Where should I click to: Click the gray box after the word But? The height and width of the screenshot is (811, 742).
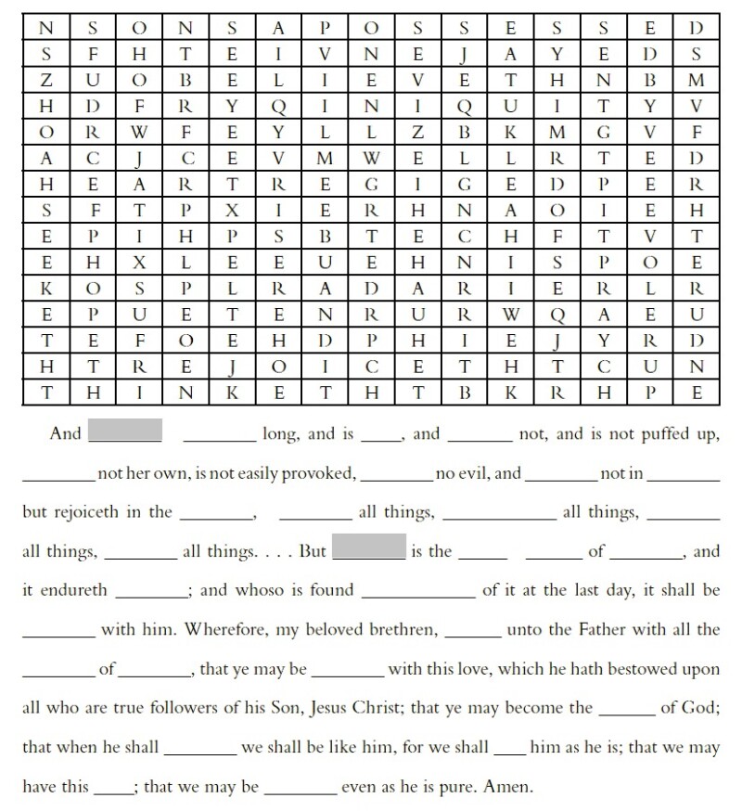pyautogui.click(x=368, y=550)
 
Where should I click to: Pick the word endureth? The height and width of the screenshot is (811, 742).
pyautogui.click(x=72, y=590)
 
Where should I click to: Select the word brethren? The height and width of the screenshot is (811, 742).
pyautogui.click(x=402, y=630)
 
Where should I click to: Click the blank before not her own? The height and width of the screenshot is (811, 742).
pyautogui.click(x=58, y=477)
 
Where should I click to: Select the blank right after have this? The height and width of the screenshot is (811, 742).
pyautogui.click(x=113, y=791)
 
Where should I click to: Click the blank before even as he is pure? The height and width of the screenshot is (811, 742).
pyautogui.click(x=300, y=791)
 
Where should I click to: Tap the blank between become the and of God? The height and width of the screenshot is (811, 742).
pyautogui.click(x=626, y=712)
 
